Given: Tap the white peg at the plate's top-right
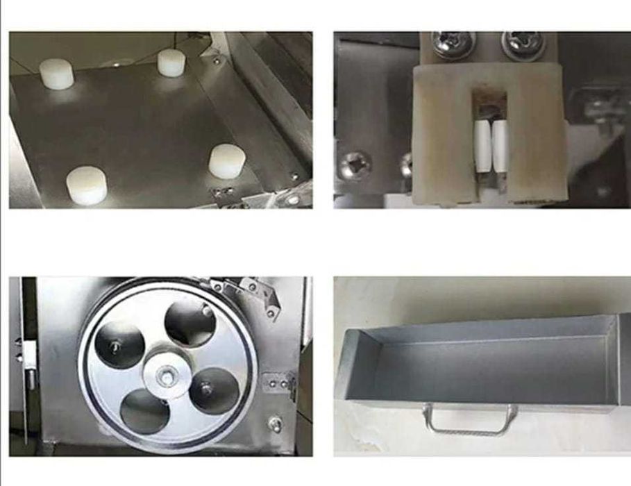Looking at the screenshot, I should (x=171, y=62).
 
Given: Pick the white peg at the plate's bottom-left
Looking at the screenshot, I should (x=86, y=186).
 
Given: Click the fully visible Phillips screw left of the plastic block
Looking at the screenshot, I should (x=355, y=165).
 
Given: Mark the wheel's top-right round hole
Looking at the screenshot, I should (x=190, y=324).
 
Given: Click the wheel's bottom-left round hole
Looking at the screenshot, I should (x=144, y=412).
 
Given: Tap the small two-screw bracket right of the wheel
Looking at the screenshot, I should (x=281, y=383).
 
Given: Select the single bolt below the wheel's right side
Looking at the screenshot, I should (x=276, y=422).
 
